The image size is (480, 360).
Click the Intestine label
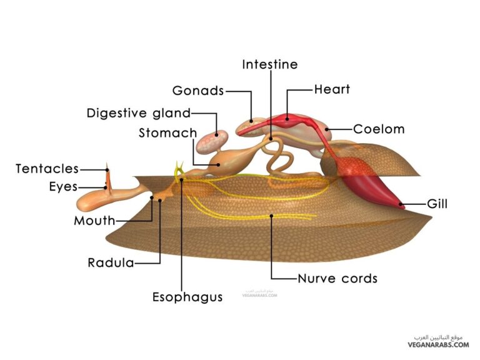[269, 64]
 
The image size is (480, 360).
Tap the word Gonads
[197, 91]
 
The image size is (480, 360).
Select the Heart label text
[332, 89]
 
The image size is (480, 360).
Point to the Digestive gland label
[138, 113]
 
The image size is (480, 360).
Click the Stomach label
[167, 133]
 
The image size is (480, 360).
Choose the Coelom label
[379, 129]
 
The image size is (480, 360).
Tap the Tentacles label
[47, 169]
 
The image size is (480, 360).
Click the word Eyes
[64, 186]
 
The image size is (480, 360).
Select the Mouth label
[94, 220]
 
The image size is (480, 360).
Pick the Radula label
[111, 262]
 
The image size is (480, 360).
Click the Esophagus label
[187, 297]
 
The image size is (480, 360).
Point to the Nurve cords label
[337, 278]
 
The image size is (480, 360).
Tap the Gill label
[437, 204]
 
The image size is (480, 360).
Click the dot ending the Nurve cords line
[272, 216]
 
